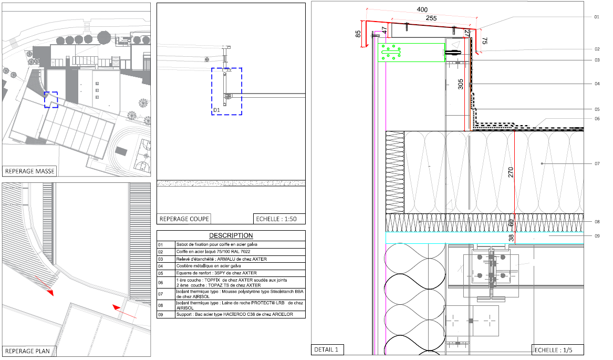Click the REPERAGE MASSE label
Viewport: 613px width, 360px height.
pos(30,171)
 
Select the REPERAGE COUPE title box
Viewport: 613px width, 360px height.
pos(184,219)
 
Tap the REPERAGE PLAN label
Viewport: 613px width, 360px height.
pos(27,351)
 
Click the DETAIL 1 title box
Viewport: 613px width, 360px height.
pos(326,349)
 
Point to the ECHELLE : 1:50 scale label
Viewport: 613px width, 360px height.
pos(276,219)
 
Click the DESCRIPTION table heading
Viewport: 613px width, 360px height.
pos(231,235)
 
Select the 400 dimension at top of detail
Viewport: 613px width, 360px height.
pos(422,9)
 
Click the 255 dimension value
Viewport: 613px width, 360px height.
pos(431,18)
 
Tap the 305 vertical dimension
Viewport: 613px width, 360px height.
pos(461,84)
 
